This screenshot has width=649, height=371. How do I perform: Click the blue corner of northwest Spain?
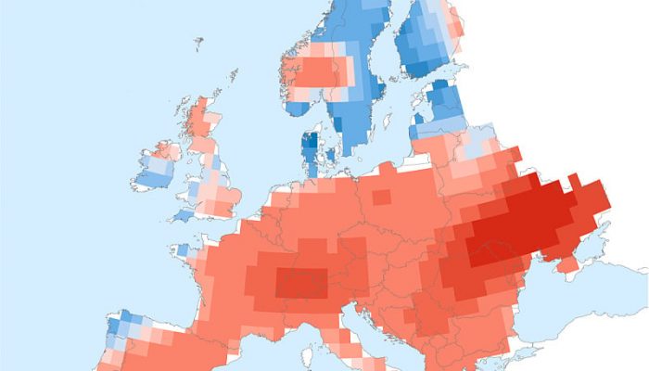(121, 326)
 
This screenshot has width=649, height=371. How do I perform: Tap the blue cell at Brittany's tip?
(184, 250)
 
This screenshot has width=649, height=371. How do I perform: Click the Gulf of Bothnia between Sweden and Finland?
(389, 56)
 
